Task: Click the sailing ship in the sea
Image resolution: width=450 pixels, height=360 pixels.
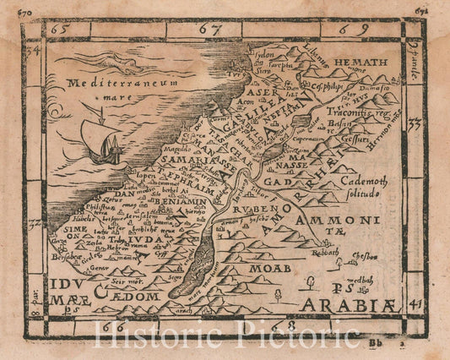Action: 100,144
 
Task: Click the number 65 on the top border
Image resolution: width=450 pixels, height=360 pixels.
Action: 58,29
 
